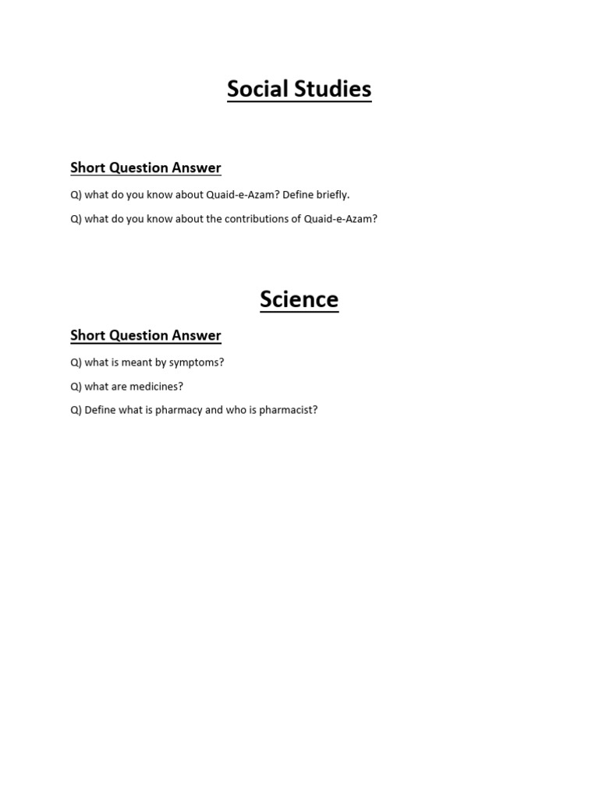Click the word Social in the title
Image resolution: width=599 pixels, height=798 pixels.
click(257, 90)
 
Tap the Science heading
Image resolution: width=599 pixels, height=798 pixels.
click(299, 299)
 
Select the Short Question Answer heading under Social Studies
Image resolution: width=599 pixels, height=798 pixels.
click(146, 168)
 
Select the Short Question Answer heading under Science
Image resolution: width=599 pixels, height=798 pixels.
click(146, 335)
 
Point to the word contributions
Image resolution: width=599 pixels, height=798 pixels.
click(257, 219)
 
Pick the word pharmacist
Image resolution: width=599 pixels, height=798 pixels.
click(289, 410)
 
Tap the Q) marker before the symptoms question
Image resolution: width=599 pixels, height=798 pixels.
click(76, 362)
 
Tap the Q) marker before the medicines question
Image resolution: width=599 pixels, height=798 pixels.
click(76, 387)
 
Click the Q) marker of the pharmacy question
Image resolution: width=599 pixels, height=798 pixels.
click(76, 410)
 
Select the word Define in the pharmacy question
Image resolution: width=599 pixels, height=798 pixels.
click(100, 410)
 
